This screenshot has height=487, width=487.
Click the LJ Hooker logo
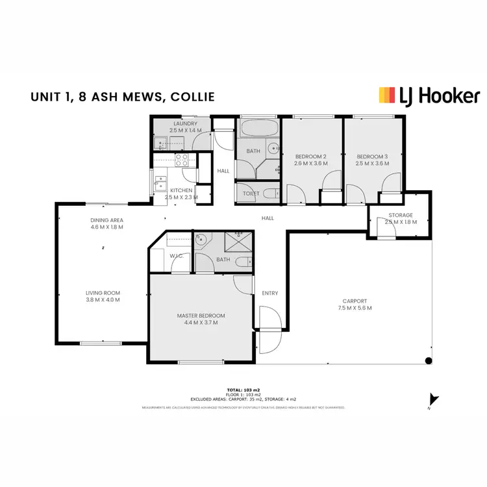point(429,96)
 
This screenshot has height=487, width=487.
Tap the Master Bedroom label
point(197,319)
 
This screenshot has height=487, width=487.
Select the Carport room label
point(356,305)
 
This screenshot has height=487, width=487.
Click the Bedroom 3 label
point(373,160)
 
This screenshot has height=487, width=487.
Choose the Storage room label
point(401,218)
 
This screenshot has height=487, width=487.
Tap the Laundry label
point(186,127)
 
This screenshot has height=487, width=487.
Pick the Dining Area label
point(106,224)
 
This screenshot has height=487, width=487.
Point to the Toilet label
point(251,194)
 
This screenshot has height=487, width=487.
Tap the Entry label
point(270,293)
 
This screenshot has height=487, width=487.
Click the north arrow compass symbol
point(433,401)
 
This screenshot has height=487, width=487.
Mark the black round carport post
point(428,360)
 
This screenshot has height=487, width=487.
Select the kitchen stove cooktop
point(182,160)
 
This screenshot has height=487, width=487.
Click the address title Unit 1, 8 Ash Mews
point(122,97)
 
